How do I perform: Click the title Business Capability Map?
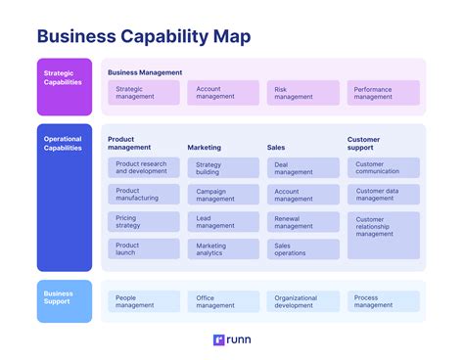pos(143,37)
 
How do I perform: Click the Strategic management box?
pos(143,93)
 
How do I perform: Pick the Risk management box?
pos(302,93)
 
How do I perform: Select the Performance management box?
pos(383,93)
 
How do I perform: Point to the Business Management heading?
pos(145,72)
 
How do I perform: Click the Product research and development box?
pos(143,168)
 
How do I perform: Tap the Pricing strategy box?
pos(143,221)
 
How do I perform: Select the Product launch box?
pos(143,248)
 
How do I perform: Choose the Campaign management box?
pos(223,195)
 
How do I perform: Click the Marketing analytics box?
pos(223,248)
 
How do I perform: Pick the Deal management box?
pos(302,168)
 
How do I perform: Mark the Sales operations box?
pos(302,248)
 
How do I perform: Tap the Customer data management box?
pos(383,195)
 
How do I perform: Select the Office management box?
pos(223,301)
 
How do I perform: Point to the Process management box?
pos(383,301)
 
